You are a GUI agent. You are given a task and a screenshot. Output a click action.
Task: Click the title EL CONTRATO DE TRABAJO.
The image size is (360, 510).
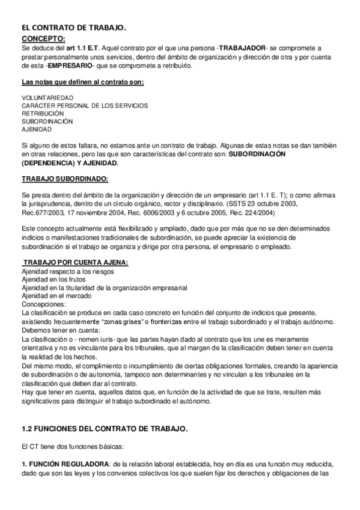coord(73,28)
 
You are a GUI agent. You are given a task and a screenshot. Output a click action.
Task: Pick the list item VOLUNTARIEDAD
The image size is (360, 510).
coord(47,97)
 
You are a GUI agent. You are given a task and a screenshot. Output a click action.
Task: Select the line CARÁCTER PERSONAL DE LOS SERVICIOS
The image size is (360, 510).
coord(85,105)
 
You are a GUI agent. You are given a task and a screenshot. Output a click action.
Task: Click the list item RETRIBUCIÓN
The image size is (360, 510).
coord(43,113)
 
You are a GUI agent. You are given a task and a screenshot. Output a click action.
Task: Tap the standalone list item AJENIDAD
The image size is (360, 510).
coord(37,129)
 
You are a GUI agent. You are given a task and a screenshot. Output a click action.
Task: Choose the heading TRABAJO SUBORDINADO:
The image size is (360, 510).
coord(65,179)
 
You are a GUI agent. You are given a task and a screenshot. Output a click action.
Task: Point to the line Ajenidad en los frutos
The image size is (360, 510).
coord(53,280)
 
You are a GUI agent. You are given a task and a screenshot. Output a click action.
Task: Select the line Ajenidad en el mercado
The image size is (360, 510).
coord(55,296)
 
